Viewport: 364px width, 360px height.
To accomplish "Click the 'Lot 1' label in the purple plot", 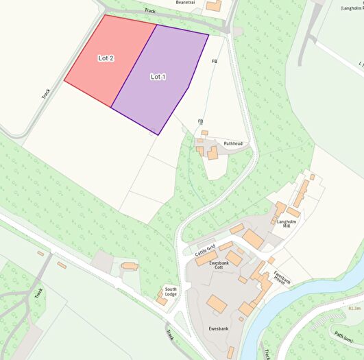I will [x=158, y=76].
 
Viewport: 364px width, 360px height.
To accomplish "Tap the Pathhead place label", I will [x=233, y=143].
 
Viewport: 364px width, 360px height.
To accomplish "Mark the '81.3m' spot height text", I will [x=354, y=309].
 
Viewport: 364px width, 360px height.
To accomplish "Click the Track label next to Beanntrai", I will [x=150, y=12].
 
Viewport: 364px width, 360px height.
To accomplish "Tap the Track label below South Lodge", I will [x=170, y=335].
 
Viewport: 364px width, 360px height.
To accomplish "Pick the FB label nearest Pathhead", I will [x=201, y=121].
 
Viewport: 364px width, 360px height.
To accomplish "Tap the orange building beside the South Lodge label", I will [x=162, y=297].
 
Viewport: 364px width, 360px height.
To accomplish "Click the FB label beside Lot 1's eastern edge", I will [x=215, y=62].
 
